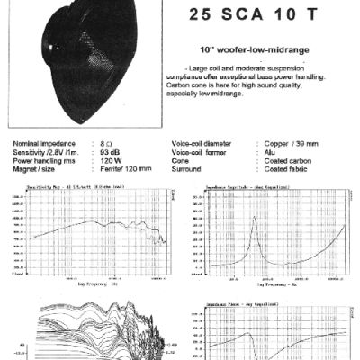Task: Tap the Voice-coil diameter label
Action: click(206, 142)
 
